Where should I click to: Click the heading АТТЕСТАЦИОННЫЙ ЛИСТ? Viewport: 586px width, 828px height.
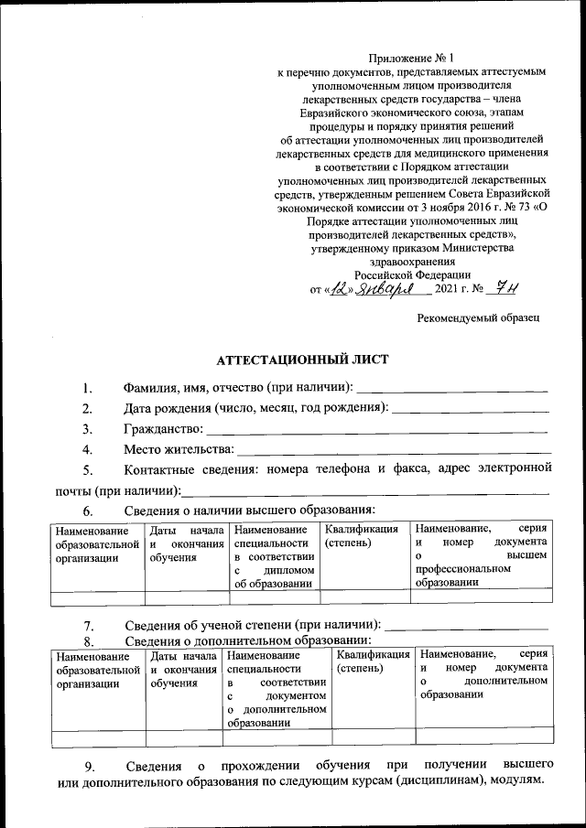point(301,360)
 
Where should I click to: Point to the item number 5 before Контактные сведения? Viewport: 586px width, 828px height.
point(88,470)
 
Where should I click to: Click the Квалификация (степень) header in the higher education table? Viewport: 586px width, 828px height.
point(361,536)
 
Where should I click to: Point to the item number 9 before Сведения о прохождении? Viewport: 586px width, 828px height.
point(88,765)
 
